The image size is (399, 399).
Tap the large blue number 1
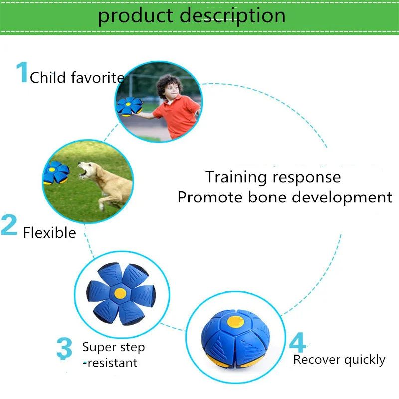[22, 73]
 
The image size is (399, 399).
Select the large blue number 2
[9, 225]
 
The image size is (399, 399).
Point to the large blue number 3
[64, 349]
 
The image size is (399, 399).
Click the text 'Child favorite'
[77, 78]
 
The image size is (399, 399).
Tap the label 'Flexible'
[49, 233]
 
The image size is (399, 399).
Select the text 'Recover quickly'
[339, 360]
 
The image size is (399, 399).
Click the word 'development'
[342, 198]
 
